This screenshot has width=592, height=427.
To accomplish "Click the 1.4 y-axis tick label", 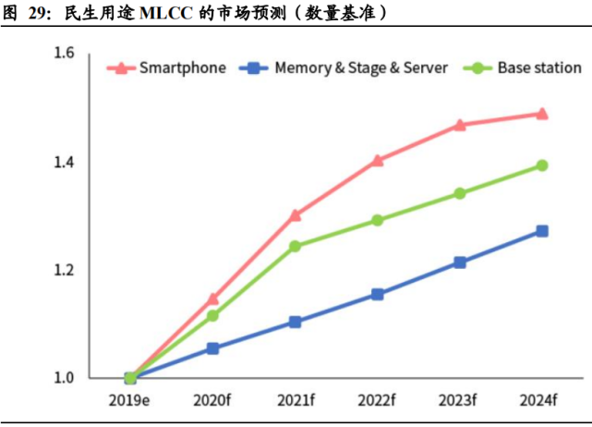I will click(64, 163).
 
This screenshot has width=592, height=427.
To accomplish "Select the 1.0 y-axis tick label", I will click(64, 378).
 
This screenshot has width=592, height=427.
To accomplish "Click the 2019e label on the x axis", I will click(130, 400).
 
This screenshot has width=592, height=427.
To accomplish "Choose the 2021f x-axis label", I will click(296, 400).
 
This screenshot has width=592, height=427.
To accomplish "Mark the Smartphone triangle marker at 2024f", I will click(542, 115).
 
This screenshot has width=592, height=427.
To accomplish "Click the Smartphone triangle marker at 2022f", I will click(378, 161).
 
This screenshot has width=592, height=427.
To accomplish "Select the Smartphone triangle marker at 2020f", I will click(212, 299).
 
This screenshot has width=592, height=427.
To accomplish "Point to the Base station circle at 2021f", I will click(296, 247).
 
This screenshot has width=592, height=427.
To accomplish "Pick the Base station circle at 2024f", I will click(542, 165).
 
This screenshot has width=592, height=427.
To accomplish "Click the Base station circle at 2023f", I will click(460, 194).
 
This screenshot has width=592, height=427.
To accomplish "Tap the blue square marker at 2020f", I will click(212, 348).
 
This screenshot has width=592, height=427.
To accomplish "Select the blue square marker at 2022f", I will click(378, 294).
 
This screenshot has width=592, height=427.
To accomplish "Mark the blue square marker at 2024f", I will click(542, 231).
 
